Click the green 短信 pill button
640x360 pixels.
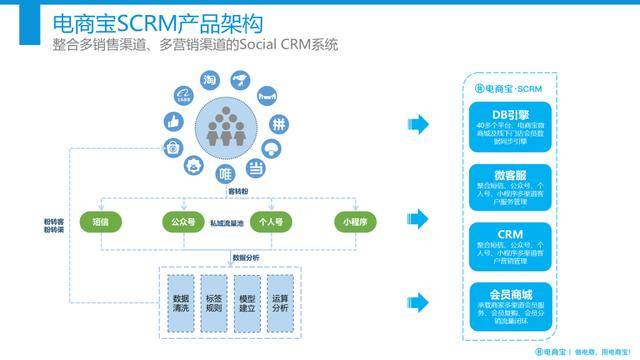point(101,221)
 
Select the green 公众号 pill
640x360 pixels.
point(183,221)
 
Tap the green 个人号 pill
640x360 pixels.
point(268,221)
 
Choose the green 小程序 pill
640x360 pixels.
point(351,221)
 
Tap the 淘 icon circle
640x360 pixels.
point(210,81)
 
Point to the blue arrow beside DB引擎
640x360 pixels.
point(418,124)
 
